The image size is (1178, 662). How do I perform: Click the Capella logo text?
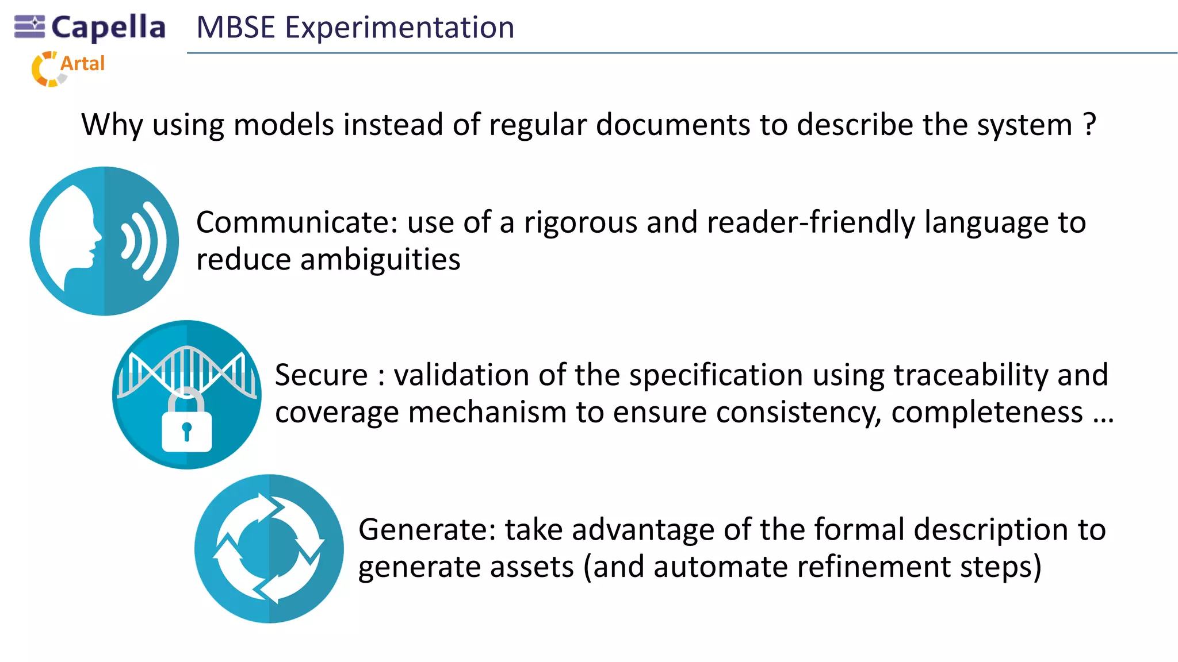108,28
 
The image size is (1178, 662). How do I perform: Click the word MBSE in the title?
236,28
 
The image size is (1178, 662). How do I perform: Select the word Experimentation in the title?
400,28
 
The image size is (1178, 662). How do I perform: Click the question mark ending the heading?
1089,124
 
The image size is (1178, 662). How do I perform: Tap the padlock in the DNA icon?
187,422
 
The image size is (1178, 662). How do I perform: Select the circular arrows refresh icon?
269,548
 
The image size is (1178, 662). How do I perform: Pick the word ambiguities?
380,260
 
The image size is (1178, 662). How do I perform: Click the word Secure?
321,375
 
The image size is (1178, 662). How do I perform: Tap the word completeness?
986,413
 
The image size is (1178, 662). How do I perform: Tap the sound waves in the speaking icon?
144,241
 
